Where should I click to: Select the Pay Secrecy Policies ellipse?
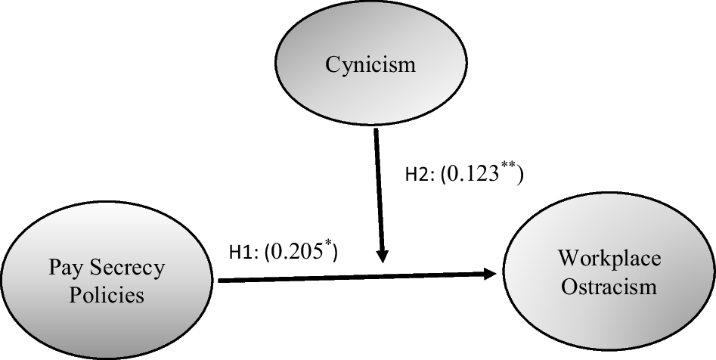107,280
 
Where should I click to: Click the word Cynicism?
370,64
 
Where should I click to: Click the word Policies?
107,294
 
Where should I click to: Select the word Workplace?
609,259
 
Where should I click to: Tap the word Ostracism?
609,287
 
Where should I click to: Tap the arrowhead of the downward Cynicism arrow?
383,255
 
